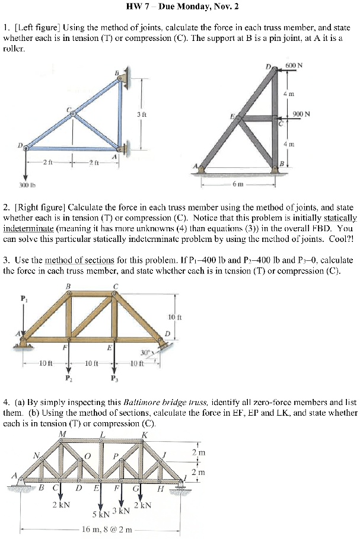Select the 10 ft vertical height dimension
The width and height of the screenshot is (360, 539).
pos(174,317)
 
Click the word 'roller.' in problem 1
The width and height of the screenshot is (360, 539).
pos(12,47)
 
